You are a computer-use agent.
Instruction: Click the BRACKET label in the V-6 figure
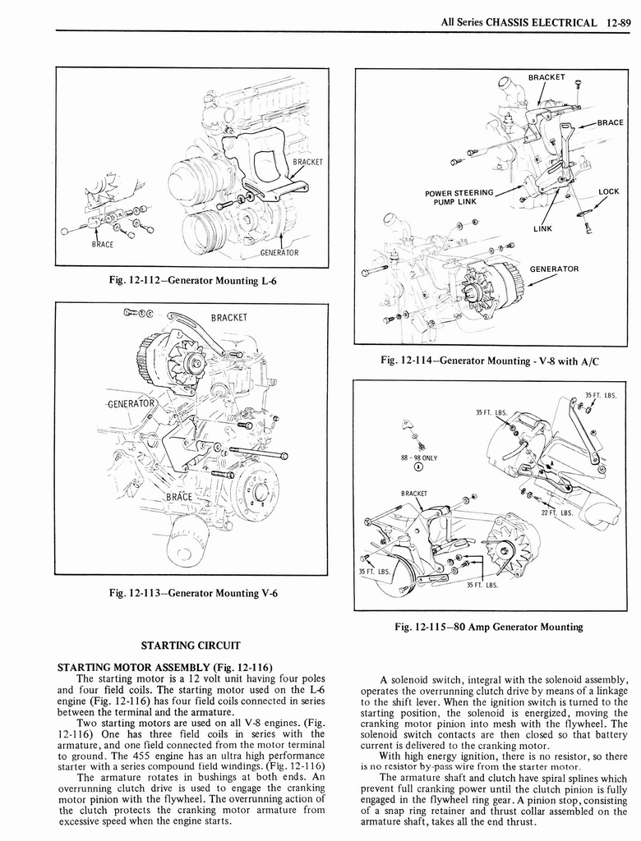click(229, 318)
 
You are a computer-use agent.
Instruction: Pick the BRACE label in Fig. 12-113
click(178, 497)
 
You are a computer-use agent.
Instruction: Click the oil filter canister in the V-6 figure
click(187, 543)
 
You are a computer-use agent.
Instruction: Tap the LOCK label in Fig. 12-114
click(608, 191)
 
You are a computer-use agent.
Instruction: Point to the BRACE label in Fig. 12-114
click(610, 122)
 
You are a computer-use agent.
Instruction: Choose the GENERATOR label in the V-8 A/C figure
click(554, 269)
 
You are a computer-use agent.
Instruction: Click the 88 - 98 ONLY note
click(419, 457)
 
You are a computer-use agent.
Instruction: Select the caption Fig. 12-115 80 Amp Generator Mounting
click(488, 627)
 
